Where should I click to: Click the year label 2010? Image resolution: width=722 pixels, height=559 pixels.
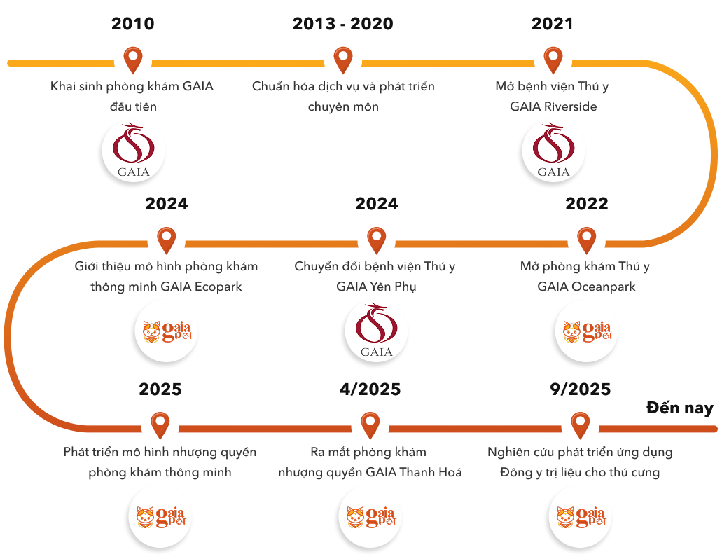click(x=133, y=24)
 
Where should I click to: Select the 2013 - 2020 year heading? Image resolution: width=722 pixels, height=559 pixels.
click(x=342, y=24)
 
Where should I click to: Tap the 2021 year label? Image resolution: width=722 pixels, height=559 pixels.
click(x=553, y=24)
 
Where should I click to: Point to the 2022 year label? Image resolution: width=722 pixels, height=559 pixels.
click(x=587, y=204)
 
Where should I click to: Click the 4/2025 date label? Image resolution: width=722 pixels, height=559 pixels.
click(x=369, y=389)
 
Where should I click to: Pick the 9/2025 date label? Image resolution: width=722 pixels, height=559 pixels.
click(x=580, y=389)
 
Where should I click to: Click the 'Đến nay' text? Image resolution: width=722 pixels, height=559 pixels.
click(x=679, y=408)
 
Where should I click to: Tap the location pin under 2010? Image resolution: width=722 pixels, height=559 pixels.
click(x=132, y=60)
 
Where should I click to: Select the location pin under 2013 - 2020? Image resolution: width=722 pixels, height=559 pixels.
click(x=342, y=60)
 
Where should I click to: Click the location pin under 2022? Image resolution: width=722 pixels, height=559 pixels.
click(x=586, y=240)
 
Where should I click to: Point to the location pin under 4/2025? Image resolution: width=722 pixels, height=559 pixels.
click(x=370, y=425)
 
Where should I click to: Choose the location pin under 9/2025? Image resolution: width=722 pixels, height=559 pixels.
click(x=580, y=425)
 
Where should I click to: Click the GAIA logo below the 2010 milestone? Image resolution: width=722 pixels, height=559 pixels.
click(x=133, y=151)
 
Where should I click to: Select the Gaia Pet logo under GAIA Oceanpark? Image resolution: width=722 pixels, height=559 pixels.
click(x=587, y=331)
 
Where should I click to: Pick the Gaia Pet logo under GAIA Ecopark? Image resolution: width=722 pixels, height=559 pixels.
click(x=167, y=331)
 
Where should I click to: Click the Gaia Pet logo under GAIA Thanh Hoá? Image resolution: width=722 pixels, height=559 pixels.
click(x=370, y=517)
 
